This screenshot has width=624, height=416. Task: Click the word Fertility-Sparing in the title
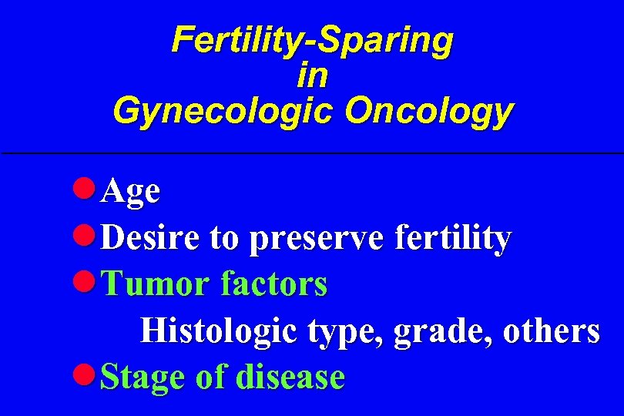click(x=312, y=40)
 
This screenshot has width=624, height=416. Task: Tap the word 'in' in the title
click(x=312, y=75)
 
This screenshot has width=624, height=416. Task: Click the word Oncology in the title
click(x=428, y=111)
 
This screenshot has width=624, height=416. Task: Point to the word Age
click(x=130, y=192)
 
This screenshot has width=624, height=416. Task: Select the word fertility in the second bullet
click(x=451, y=239)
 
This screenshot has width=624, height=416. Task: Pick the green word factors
click(x=273, y=284)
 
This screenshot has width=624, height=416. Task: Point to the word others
click(x=551, y=331)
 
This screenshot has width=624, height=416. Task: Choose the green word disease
click(x=290, y=377)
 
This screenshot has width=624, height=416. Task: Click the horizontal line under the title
click(x=312, y=153)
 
